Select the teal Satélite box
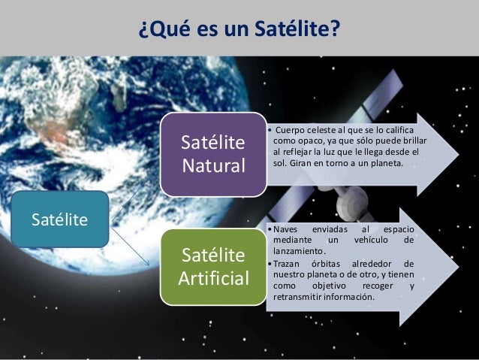(59, 219)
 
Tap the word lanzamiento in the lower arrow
(300, 250)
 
